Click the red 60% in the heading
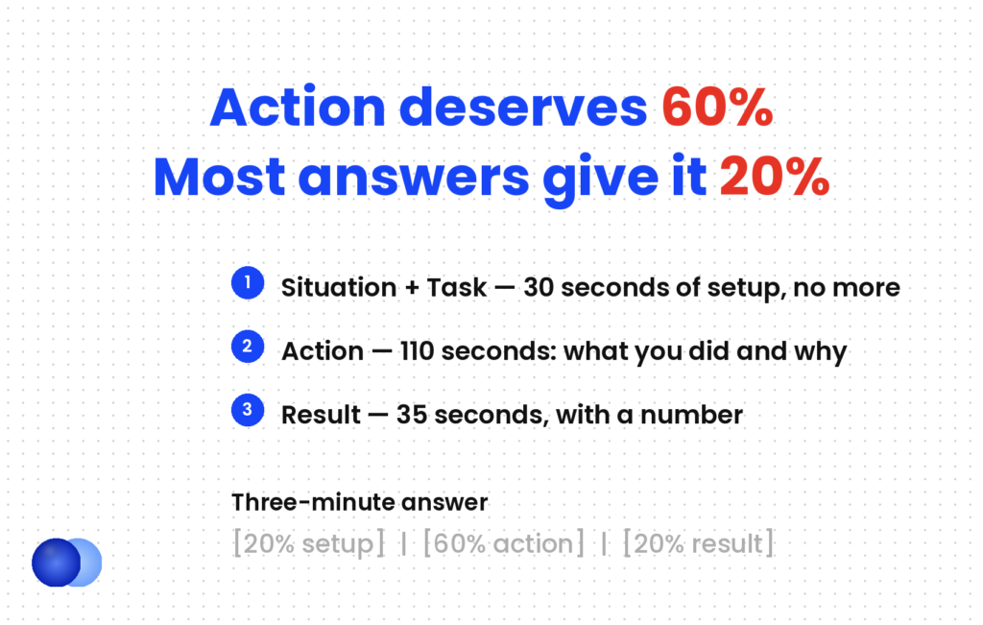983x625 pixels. pos(717,108)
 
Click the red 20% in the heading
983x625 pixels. pos(775,177)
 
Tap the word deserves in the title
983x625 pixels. pos(523,108)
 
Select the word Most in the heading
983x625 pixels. pos(220,177)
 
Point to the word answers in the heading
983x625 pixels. pos(414,178)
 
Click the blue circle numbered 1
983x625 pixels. pos(248,282)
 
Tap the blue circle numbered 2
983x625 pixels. pos(248,347)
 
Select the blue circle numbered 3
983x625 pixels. pos(248,410)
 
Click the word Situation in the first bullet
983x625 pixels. pos(339,288)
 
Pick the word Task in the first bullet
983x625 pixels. pos(456,288)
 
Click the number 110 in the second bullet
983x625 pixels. pos(417,351)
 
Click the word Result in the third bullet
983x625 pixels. pos(321,415)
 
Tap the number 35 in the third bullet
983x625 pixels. pos(411,415)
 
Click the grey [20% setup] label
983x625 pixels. pos(308,543)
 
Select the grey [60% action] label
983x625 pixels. pos(503,543)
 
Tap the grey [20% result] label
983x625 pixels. pos(699,543)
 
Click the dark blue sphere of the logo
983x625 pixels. pos(56,563)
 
